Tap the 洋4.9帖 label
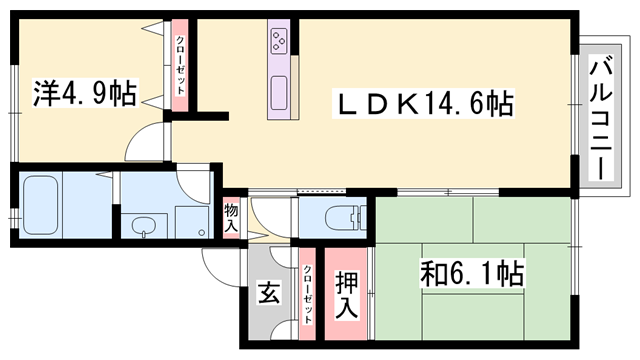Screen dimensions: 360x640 tap(84, 95)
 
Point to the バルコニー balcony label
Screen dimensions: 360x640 tap(600, 119)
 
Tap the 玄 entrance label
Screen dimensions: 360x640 tap(268, 294)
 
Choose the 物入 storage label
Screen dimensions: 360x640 tap(231, 218)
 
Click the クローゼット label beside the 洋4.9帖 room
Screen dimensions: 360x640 tap(180, 66)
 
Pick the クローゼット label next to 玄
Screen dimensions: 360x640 tap(306, 295)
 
